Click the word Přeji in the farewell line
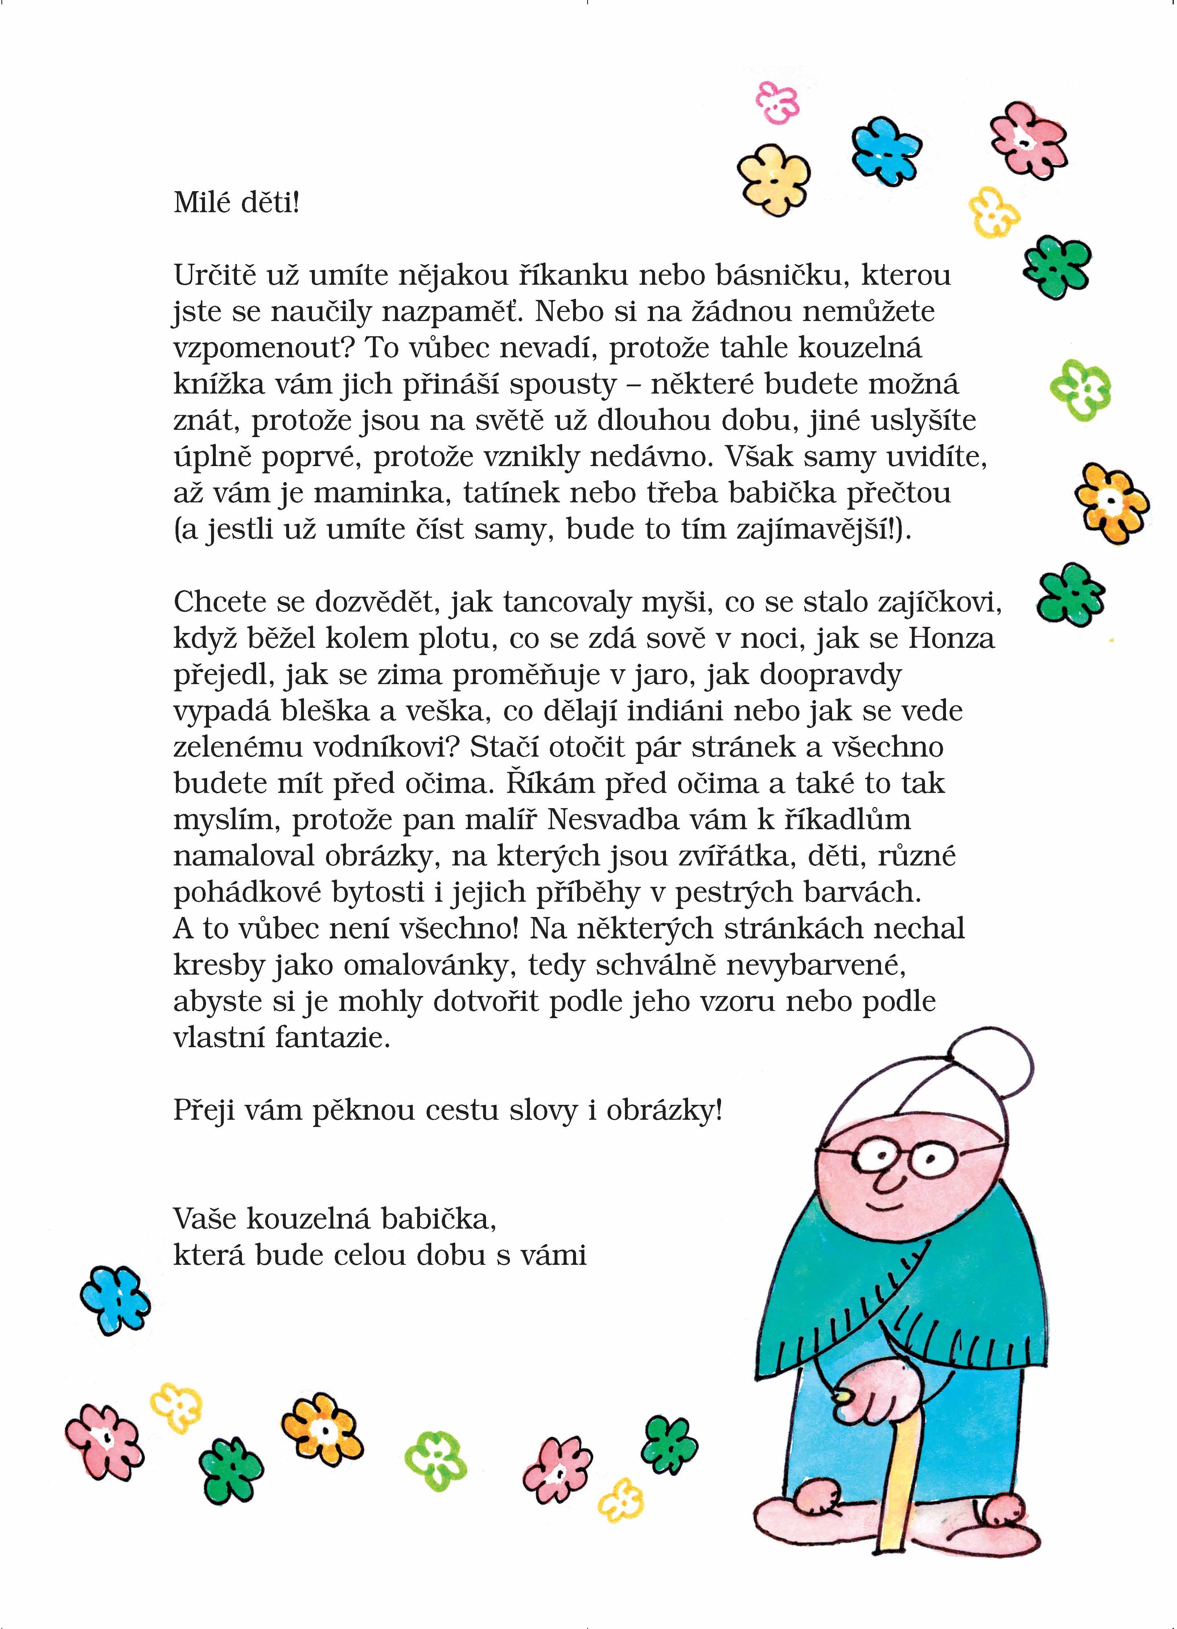tap(205, 1111)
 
